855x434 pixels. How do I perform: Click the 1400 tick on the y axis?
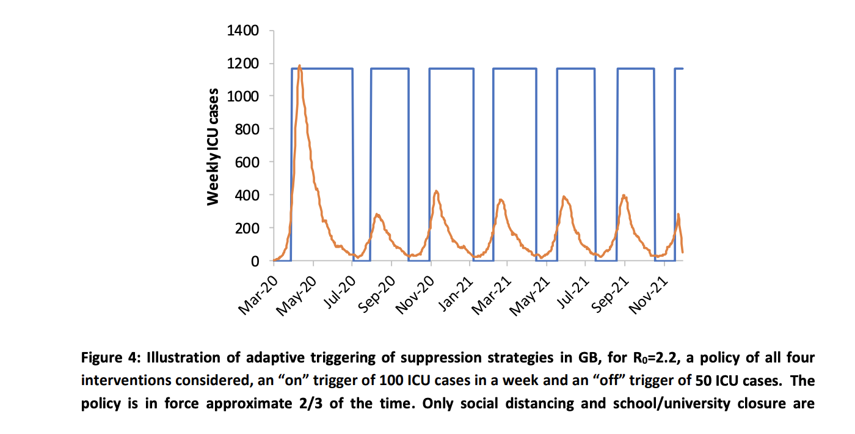pos(242,31)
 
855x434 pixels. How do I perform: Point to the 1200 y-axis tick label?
pos(242,64)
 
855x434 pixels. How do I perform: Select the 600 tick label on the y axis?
pos(247,163)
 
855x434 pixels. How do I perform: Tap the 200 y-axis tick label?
pos(247,229)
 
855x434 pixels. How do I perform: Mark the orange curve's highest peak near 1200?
pos(299,66)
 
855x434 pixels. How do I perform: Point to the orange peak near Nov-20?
pos(436,191)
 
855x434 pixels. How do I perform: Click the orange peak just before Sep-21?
pos(624,196)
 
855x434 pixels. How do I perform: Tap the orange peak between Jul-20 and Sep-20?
pos(377,215)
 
